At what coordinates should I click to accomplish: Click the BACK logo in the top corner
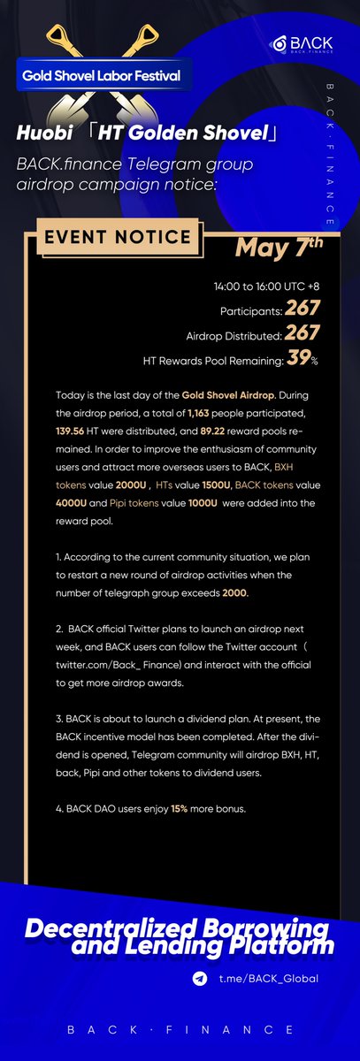click(x=308, y=44)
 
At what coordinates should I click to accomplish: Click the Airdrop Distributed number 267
click(x=303, y=335)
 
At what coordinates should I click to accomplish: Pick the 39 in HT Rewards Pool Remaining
click(x=298, y=360)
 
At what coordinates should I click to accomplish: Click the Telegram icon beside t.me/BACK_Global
click(x=201, y=979)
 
